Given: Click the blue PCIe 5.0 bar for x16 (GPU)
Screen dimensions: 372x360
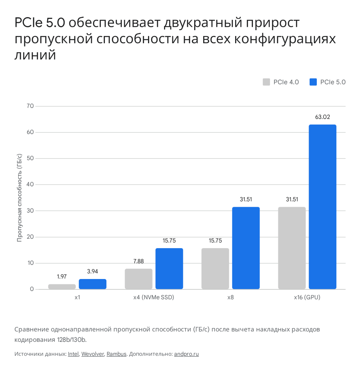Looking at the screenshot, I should click(322, 207).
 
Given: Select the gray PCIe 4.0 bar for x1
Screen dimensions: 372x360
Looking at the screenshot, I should click(62, 287).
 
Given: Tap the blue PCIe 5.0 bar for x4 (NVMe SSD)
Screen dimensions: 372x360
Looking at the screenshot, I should click(169, 268).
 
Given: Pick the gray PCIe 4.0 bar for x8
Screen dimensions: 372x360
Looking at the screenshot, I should click(215, 268).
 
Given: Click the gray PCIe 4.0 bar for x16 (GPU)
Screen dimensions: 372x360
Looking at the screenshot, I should click(292, 248).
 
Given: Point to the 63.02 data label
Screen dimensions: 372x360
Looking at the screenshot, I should click(322, 117).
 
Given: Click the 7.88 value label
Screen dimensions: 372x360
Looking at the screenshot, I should click(138, 261).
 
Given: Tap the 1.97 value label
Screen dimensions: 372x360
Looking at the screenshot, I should click(62, 276).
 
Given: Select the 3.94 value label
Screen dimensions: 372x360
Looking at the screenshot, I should click(93, 271).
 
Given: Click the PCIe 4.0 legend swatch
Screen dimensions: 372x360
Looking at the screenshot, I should click(266, 82).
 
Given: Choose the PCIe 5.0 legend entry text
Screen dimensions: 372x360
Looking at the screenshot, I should click(333, 82).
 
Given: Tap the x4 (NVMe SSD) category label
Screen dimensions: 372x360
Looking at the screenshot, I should click(154, 298).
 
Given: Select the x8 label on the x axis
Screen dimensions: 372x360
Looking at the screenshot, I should click(230, 298).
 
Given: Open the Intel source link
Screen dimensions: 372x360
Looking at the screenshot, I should click(73, 354).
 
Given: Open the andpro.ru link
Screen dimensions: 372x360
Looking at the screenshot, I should click(186, 354).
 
